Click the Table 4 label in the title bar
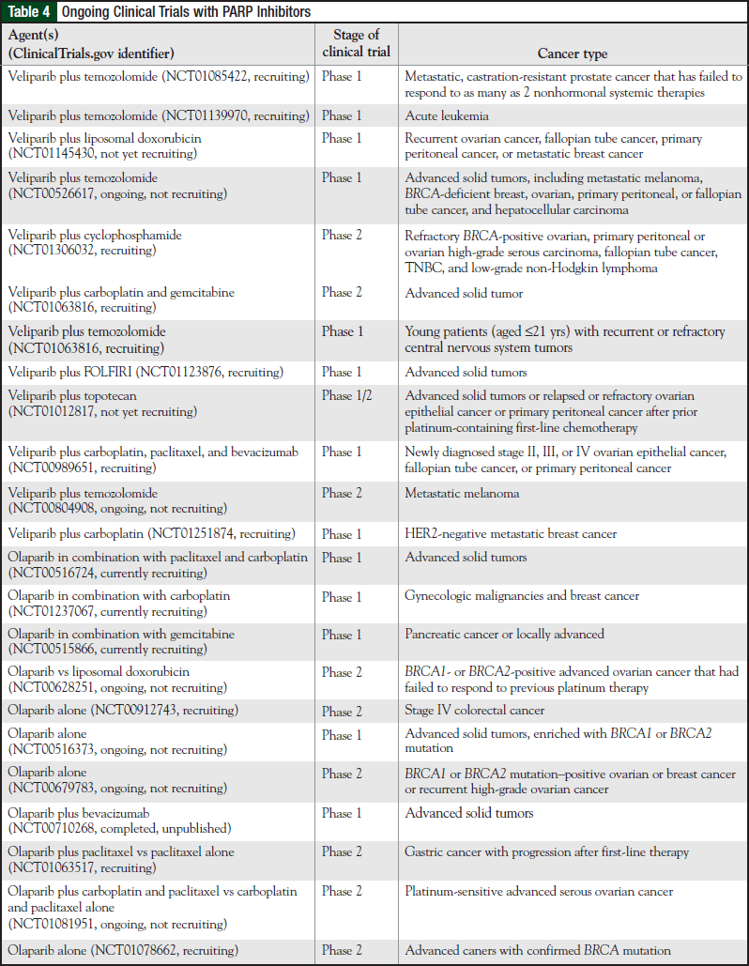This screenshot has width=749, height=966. (x=30, y=11)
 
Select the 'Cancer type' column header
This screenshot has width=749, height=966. (x=572, y=54)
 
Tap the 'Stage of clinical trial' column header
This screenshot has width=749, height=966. (x=356, y=43)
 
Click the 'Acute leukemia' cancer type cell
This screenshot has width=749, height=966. (x=447, y=115)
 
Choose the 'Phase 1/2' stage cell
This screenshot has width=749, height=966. (x=346, y=396)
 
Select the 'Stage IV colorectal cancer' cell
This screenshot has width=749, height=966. (x=474, y=711)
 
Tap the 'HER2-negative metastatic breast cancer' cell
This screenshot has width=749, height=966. (x=511, y=533)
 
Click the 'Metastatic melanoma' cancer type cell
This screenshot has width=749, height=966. (x=462, y=493)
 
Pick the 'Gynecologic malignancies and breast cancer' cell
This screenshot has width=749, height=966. (x=522, y=595)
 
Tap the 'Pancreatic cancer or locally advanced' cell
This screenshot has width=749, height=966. (x=504, y=634)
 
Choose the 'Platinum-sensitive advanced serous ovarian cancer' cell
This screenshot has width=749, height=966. (x=539, y=891)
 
